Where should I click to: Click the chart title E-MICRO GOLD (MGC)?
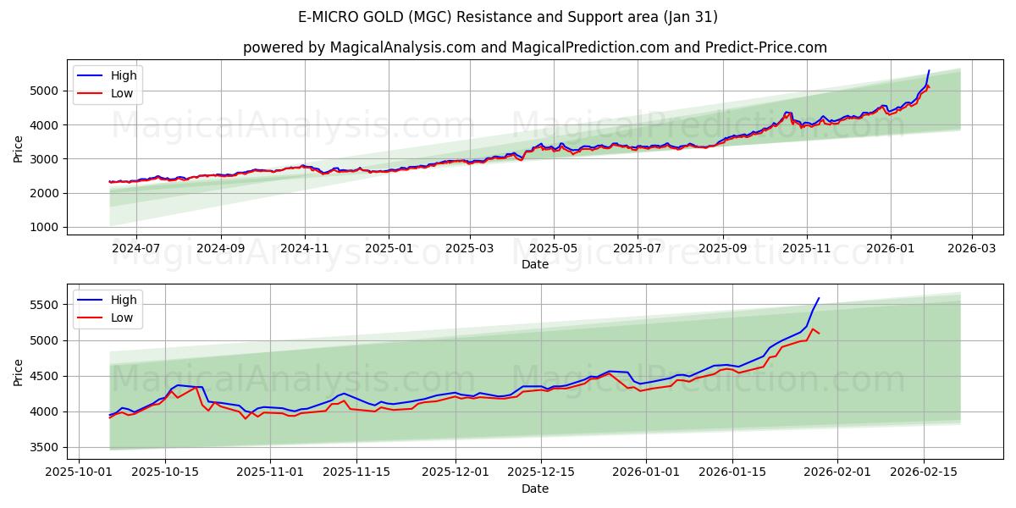click(508, 17)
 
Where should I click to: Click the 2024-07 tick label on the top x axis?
click(135, 247)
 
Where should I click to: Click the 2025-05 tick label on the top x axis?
click(554, 247)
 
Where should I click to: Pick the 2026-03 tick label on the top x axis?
click(971, 247)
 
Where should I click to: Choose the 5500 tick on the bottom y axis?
click(43, 305)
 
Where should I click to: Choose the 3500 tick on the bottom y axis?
click(43, 447)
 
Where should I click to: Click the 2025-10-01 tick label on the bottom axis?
click(80, 472)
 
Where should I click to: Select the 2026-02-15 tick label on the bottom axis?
click(923, 472)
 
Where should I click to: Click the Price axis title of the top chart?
click(19, 148)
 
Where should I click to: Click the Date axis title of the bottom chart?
click(534, 489)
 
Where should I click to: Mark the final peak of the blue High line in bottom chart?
click(819, 298)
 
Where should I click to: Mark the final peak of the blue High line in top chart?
click(929, 70)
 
